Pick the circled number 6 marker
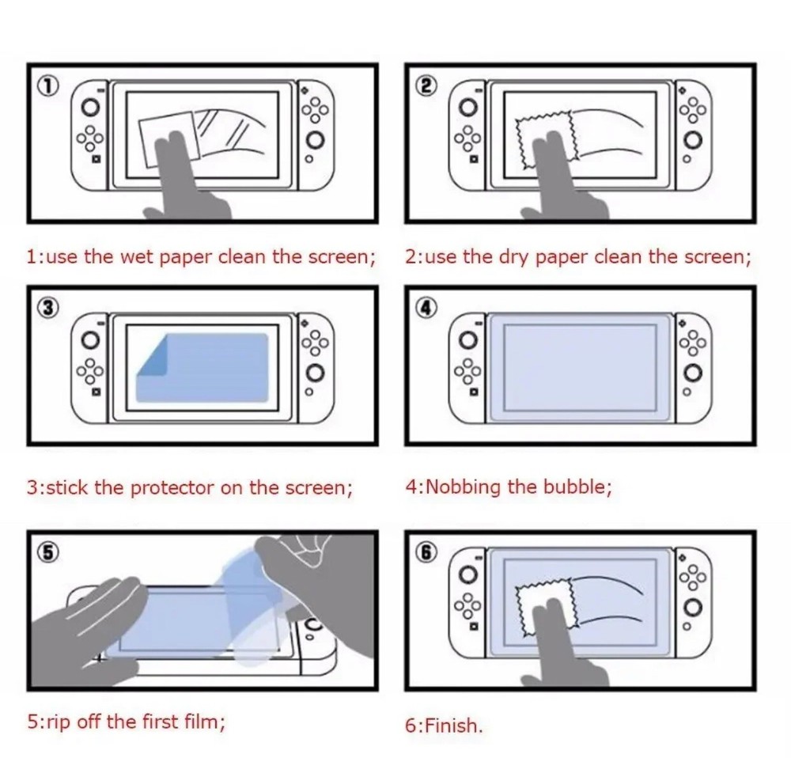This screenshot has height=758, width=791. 426,552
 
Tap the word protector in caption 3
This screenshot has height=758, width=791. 172,487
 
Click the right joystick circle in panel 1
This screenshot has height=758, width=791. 316,141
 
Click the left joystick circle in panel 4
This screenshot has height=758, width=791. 468,340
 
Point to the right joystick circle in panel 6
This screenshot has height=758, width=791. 694,606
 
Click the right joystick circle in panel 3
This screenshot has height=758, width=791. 316,372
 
